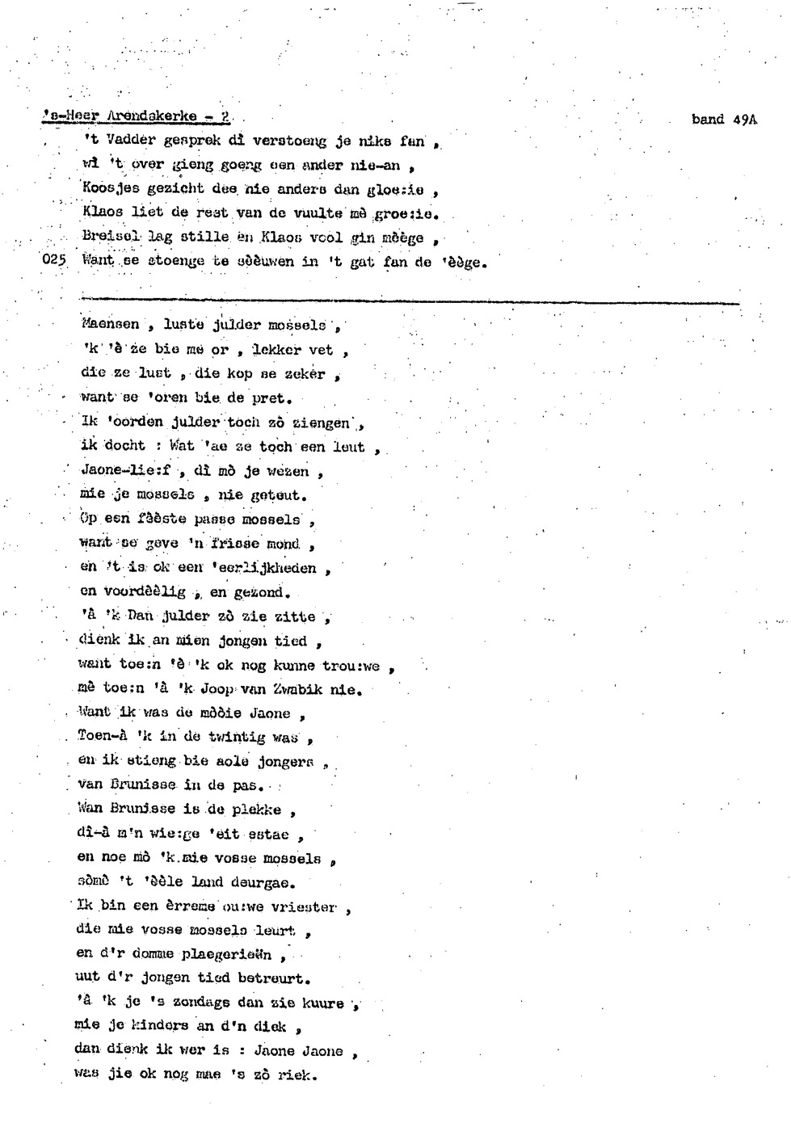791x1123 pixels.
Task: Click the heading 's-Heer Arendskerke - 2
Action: pos(136,116)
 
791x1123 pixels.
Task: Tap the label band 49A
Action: pos(724,120)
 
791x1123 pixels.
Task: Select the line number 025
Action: pos(53,260)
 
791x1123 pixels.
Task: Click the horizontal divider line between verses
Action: pos(410,302)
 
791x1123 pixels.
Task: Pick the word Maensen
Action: pos(110,325)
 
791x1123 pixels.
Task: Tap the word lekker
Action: pos(276,350)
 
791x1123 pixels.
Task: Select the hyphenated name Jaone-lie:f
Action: pos(125,470)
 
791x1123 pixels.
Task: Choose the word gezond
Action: pos(258,592)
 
